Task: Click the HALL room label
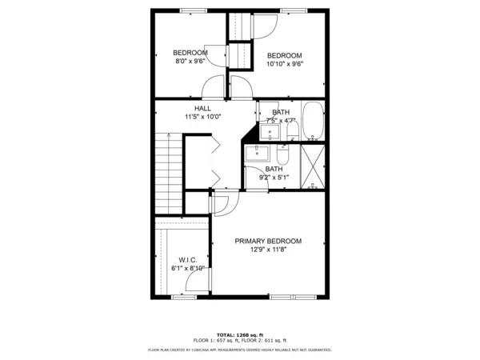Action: (x=202, y=107)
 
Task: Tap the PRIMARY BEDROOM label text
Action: (x=268, y=241)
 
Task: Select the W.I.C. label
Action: (x=188, y=259)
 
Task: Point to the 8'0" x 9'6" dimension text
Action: (x=190, y=61)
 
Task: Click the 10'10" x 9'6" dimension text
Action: (x=284, y=63)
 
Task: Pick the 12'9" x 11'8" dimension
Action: (x=268, y=250)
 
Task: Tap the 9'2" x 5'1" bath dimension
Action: (x=274, y=178)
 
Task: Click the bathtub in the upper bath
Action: (x=312, y=119)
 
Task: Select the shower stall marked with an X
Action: (x=313, y=166)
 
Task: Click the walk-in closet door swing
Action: (x=195, y=278)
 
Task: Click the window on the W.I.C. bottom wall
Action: (x=184, y=297)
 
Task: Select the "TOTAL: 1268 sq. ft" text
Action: (x=239, y=334)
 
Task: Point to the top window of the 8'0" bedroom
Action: (x=192, y=10)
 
